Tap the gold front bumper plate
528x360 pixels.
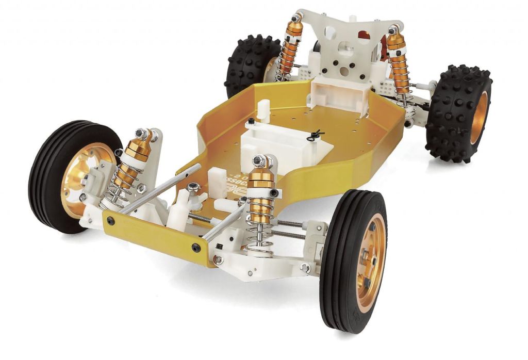[x=155, y=238]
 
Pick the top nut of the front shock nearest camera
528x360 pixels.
[x=259, y=161]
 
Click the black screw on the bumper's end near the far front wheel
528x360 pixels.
[x=110, y=221]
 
